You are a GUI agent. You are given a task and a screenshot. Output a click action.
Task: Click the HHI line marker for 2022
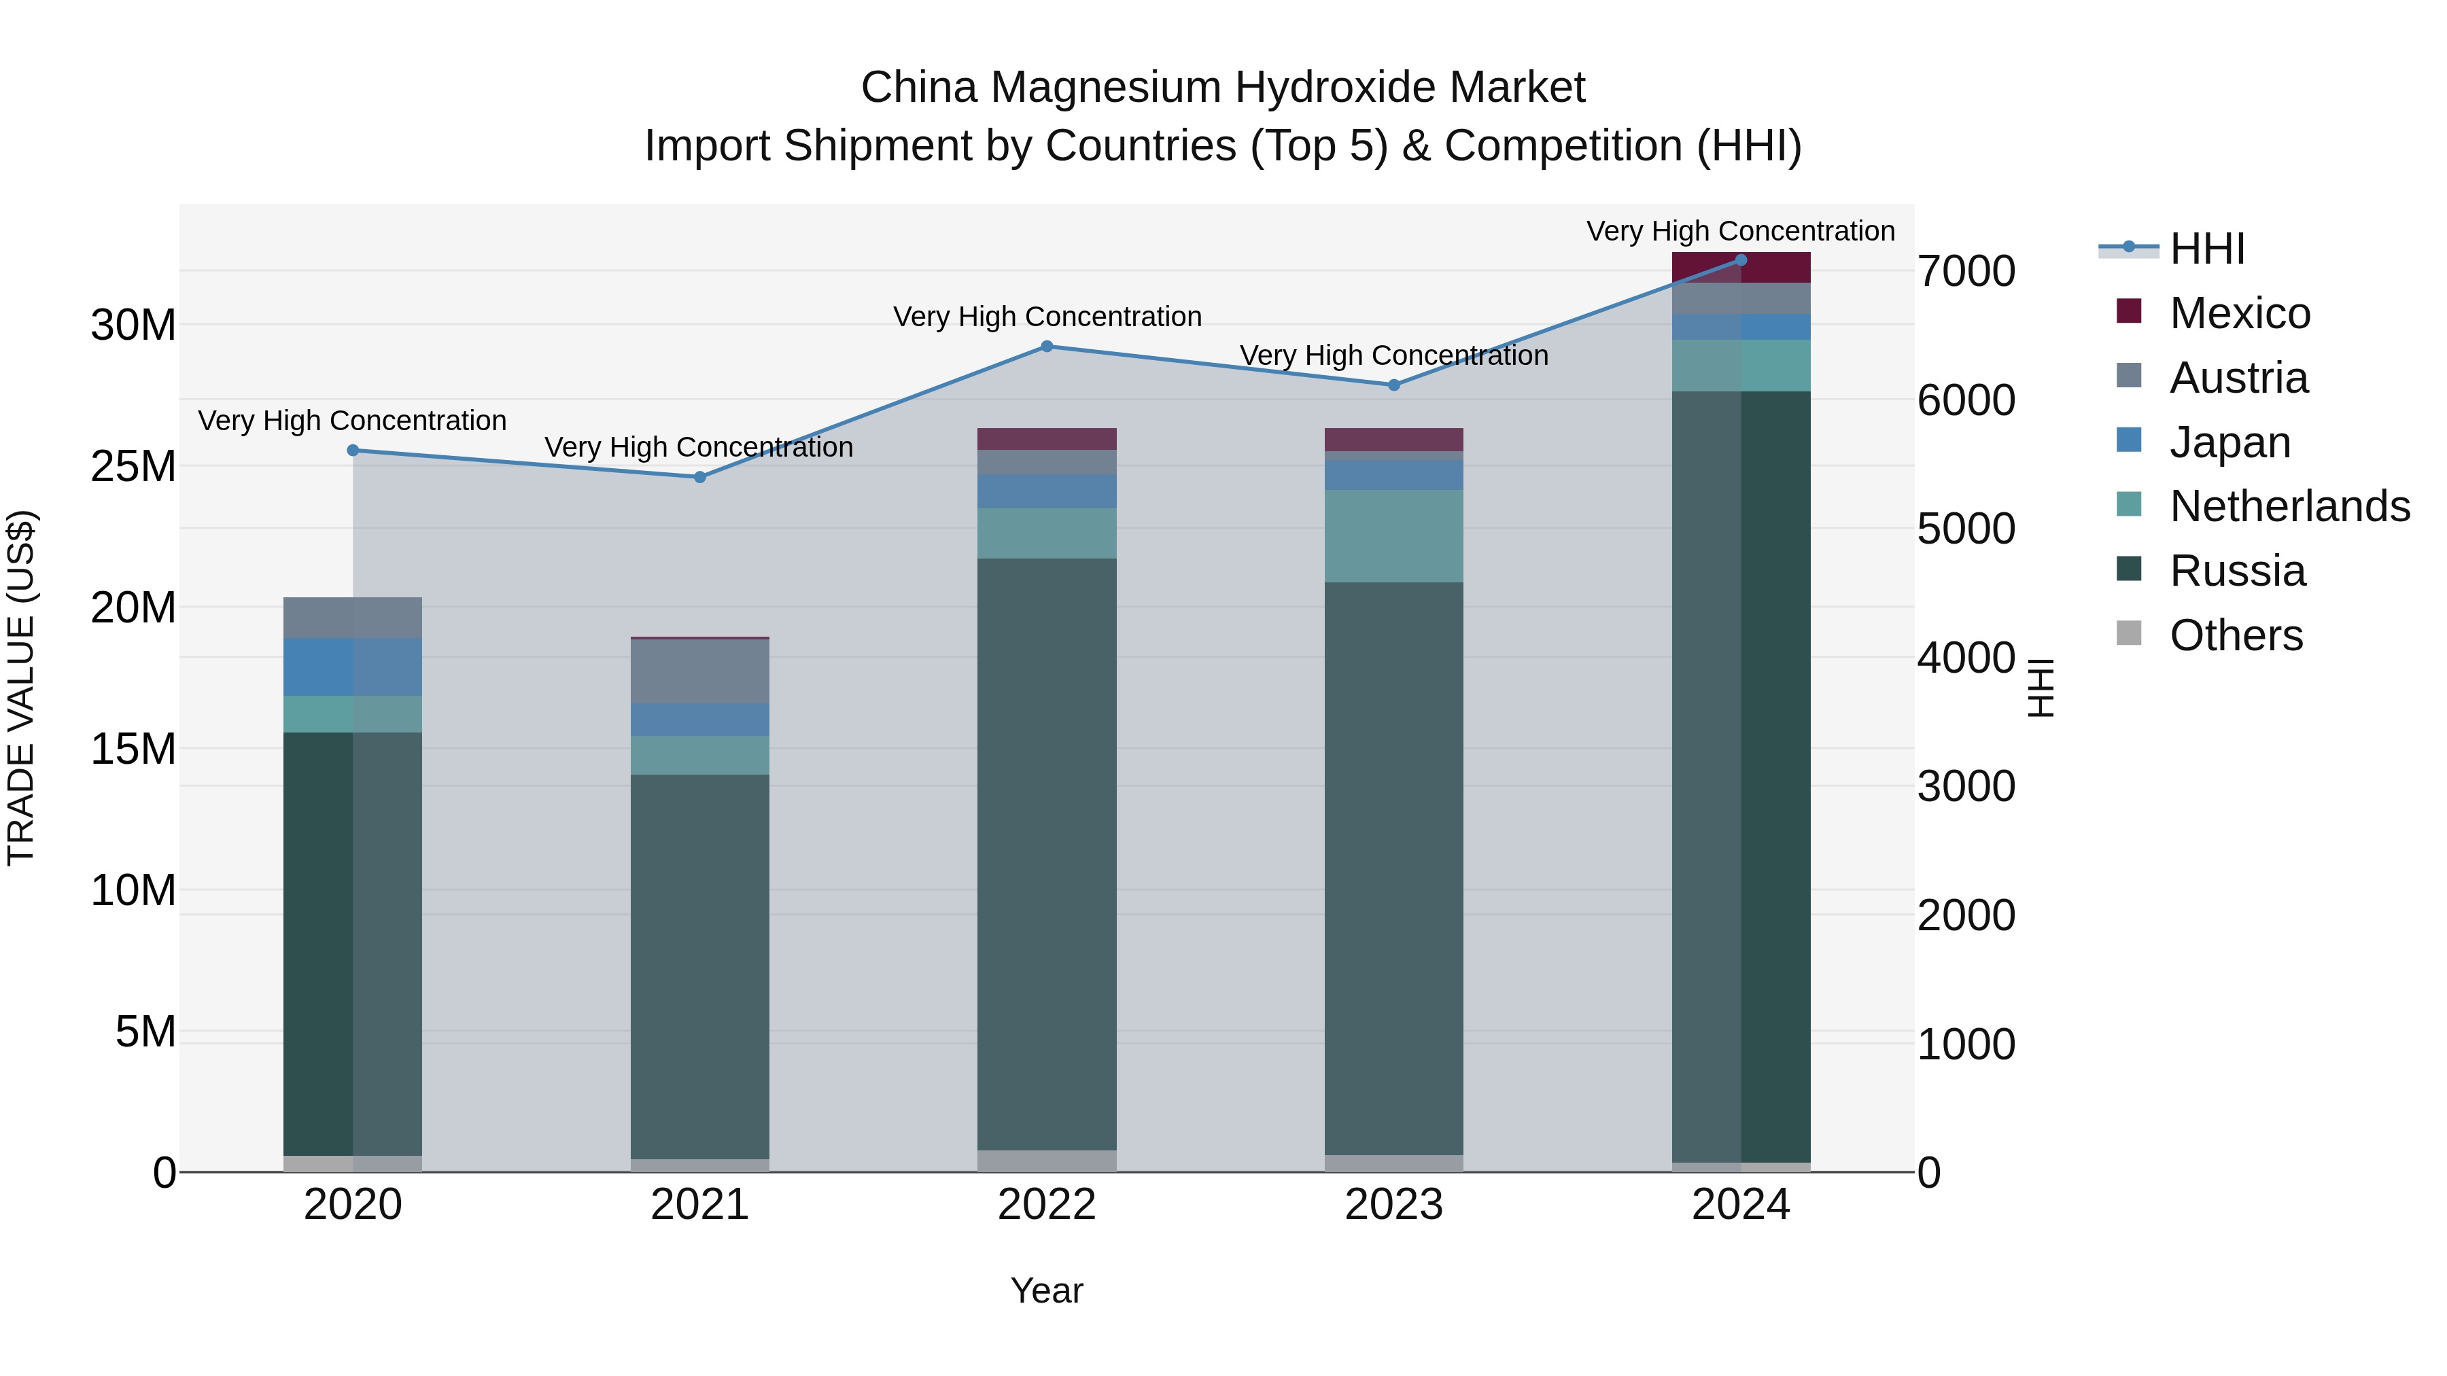pos(1047,347)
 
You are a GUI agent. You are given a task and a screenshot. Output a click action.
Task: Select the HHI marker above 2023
pos(1393,385)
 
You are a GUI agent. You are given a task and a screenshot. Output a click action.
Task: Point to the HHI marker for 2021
pos(700,478)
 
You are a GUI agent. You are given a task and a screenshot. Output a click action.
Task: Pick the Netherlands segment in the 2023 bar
pos(1393,537)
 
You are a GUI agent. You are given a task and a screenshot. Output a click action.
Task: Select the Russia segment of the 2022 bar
pos(1047,855)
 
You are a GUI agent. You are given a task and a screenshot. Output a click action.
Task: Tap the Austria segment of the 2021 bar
pos(700,671)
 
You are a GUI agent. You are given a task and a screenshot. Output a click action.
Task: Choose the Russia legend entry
pos(2237,571)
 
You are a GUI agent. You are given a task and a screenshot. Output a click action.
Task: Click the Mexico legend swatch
pos(2129,311)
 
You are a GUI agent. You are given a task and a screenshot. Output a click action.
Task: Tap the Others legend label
pos(2236,635)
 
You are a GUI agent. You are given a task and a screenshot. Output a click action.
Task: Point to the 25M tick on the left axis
pos(133,466)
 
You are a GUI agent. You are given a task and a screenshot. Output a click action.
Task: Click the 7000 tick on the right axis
pos(1965,272)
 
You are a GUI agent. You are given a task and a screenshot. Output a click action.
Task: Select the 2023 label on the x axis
pos(1393,1205)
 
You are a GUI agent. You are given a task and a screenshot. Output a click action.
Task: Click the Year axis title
pos(1047,1290)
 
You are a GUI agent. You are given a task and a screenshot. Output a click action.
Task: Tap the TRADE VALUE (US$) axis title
pos(21,688)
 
